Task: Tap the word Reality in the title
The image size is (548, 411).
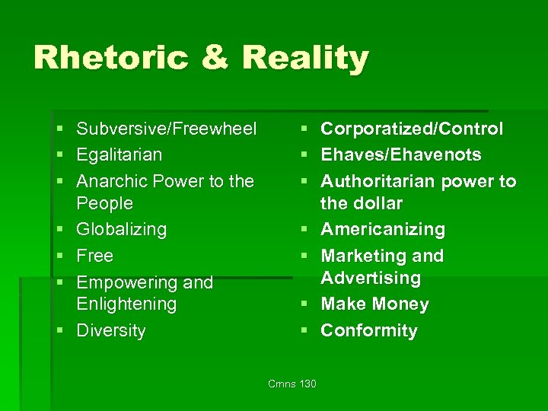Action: pos(306,58)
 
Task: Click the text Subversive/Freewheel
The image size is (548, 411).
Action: pos(167,129)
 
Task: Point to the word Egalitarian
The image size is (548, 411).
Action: pos(119,155)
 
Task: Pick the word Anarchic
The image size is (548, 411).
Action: pos(112,181)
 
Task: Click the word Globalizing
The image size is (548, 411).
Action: pos(122,229)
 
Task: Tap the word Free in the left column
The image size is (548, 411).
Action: pos(95,256)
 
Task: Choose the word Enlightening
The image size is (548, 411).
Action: pos(126,304)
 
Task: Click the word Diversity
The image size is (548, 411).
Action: pos(111,330)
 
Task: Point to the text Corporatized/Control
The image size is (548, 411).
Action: pos(412,129)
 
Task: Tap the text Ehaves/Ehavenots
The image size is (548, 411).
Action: pos(401,155)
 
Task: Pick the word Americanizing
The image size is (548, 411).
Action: pos(383,229)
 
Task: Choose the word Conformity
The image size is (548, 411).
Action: pos(369,330)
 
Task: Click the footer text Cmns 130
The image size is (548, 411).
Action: pos(292,384)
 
